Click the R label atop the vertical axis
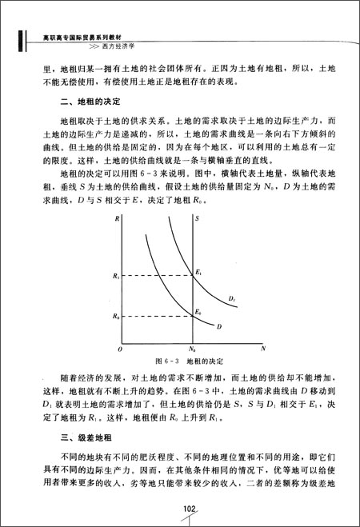coord(117,218)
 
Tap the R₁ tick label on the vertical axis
coord(117,275)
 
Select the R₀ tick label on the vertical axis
coord(117,316)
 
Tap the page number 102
coord(190,509)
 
